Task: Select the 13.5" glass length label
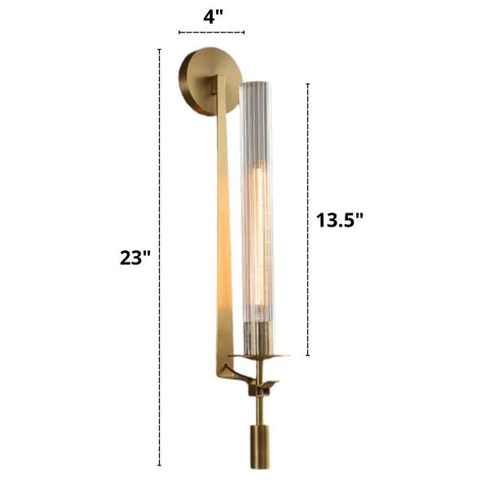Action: tap(338, 218)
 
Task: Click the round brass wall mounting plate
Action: tap(198, 83)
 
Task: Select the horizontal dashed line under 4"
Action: tap(210, 33)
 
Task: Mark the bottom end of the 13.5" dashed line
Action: tap(307, 356)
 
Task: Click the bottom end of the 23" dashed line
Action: tap(159, 465)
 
